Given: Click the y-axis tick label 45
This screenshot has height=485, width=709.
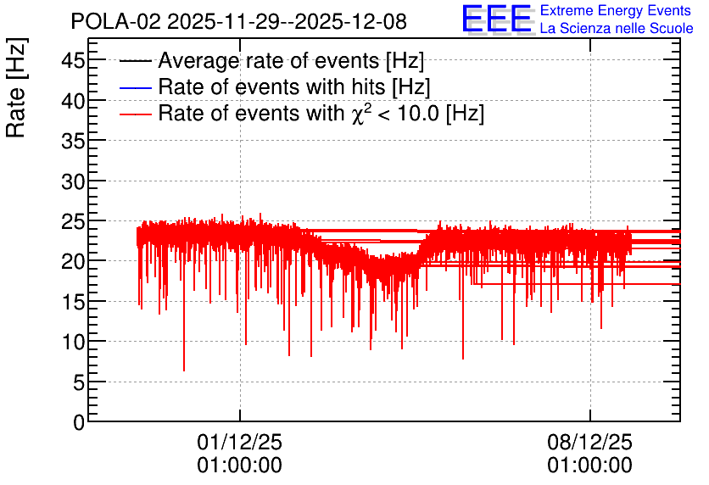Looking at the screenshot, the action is point(73,60).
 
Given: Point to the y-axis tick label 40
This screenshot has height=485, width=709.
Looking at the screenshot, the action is point(73,101).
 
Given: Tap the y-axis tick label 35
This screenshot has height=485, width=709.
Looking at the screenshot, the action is point(73,141).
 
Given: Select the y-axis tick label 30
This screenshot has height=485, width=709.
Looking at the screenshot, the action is point(73,181).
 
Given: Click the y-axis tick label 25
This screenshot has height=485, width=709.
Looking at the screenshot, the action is point(73,221).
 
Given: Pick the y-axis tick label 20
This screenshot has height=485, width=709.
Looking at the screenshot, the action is point(73,262).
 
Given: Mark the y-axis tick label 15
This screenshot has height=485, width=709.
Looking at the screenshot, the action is point(73,302).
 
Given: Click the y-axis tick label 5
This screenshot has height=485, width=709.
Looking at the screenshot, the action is point(79,382).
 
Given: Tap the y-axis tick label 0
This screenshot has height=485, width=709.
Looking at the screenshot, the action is point(79,422).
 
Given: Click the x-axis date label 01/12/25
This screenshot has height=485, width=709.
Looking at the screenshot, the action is point(240,442).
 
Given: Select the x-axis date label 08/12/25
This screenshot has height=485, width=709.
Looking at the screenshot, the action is point(590,442).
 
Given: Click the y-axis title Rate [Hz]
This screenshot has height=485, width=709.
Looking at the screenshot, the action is point(16,87).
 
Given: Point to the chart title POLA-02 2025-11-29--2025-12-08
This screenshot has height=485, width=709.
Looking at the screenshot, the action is point(239,21).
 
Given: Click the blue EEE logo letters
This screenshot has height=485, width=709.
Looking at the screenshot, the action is point(496,19).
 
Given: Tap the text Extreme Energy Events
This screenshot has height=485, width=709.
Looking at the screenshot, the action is point(616,10).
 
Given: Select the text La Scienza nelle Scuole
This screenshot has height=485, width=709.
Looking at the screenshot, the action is point(617,28).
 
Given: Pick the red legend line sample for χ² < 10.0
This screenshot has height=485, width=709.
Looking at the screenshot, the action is point(135,114).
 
